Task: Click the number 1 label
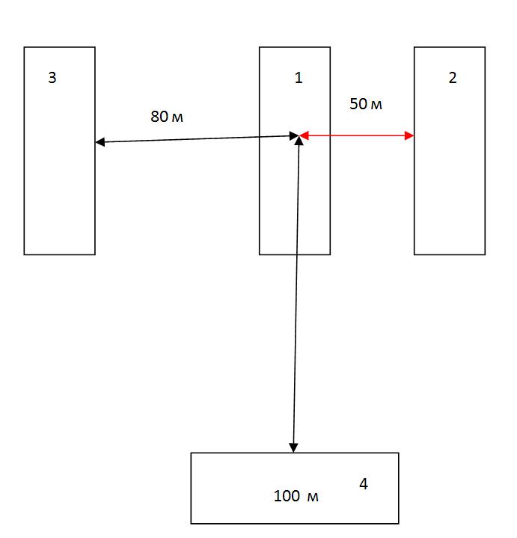pos(299,78)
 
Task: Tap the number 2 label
pos(452,78)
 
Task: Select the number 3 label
pos(52,78)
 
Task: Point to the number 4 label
pos(364,484)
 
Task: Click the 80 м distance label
pos(167,117)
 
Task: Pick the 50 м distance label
pos(366,104)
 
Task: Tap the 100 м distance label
pos(296,495)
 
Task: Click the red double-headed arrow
pos(357,135)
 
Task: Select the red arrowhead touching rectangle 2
pos(409,135)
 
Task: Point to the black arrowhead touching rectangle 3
pos(100,141)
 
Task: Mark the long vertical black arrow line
pos(296,299)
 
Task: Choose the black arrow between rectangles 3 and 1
pos(195,138)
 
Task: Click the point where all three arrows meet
pos(299,136)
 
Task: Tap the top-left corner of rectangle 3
pos(24,47)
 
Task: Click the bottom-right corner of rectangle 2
pos(485,254)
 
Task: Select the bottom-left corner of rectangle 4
pos(191,523)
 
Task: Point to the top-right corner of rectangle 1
pos(330,47)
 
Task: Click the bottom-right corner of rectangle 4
pos(398,523)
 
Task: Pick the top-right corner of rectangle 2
pos(485,47)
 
